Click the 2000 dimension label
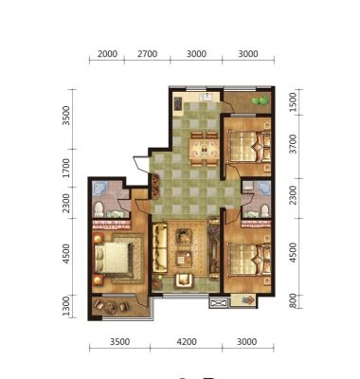107,54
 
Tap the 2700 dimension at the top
147,54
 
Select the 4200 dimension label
187,342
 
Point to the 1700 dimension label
65,168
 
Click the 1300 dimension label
65,306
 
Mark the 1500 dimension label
294,101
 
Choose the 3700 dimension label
294,144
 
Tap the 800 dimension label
293,301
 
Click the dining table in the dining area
205,150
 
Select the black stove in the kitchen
178,103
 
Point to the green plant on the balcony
260,101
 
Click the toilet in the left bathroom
99,209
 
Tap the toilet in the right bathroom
264,210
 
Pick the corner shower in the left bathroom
99,189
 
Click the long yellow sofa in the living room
159,247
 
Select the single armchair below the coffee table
184,280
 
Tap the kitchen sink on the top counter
206,96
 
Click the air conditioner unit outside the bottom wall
219,303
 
